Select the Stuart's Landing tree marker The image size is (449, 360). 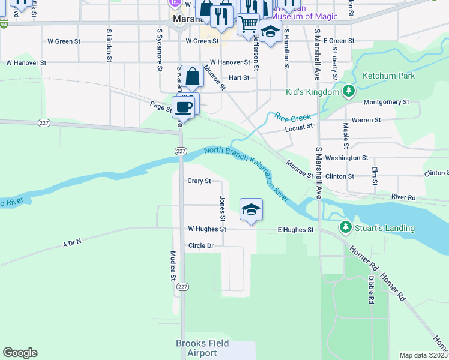pyautogui.click(x=345, y=227)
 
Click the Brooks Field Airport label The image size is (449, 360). pyautogui.click(x=197, y=348)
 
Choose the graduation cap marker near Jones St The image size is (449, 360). pyautogui.click(x=252, y=209)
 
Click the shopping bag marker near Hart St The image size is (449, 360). pyautogui.click(x=192, y=77)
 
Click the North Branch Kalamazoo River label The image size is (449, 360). pyautogui.click(x=246, y=174)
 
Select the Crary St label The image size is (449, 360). pyautogui.click(x=199, y=181)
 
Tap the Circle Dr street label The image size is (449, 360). pyautogui.click(x=201, y=246)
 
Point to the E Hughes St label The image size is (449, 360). pyautogui.click(x=295, y=230)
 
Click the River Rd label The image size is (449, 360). pyautogui.click(x=403, y=197)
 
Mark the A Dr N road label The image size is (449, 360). pyautogui.click(x=71, y=242)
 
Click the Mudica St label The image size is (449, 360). pyautogui.click(x=173, y=266)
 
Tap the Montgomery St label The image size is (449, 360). pyautogui.click(x=386, y=103)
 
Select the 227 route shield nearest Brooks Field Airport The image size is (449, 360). pyautogui.click(x=182, y=287)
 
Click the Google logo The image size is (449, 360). pyautogui.click(x=20, y=353)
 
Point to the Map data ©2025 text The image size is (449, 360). pyautogui.click(x=423, y=355)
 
